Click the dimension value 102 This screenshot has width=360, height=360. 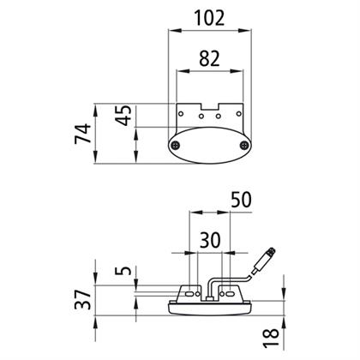tap(209, 18)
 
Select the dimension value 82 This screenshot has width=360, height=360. tap(209, 58)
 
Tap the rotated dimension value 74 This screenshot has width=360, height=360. tap(83, 134)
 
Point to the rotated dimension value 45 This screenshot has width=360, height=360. tap(123, 116)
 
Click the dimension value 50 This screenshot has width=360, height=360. tap(241, 200)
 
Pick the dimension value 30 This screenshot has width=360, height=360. tap(210, 240)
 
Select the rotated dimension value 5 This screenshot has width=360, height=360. tap(123, 270)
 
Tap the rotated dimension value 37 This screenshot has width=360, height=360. tap(83, 299)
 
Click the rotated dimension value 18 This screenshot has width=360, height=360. tap(271, 338)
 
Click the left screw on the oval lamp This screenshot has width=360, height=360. tap(175, 146)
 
